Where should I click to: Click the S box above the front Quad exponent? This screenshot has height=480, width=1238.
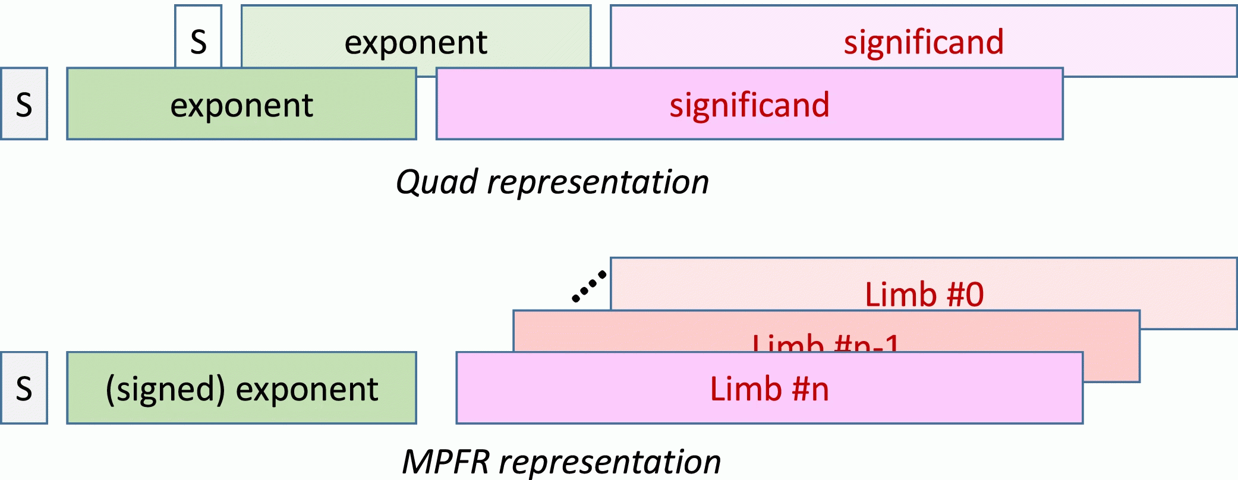coord(199,36)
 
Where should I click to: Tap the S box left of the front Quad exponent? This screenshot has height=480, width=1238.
coord(24,104)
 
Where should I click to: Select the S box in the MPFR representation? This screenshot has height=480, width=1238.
coord(24,388)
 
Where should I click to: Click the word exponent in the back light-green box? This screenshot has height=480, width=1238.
coord(415,43)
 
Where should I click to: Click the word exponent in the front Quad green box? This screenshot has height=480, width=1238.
coord(241,106)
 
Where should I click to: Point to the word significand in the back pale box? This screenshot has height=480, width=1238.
coord(924,42)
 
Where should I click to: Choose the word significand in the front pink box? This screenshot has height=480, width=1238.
coord(749,105)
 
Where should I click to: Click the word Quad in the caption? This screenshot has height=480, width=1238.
coord(437,182)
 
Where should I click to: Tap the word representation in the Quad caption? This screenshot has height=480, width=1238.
coord(598,182)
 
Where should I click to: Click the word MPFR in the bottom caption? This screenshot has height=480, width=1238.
coord(446,462)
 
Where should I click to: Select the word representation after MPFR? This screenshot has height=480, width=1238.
coord(610,462)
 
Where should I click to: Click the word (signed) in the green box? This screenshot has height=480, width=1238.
coord(165,389)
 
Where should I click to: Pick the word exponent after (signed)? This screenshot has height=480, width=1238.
coord(307,390)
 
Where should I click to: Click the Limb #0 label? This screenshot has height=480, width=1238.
coord(924,295)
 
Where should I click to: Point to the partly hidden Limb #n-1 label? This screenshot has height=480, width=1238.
coord(826,343)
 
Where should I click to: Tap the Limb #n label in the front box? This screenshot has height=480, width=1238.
coord(769,389)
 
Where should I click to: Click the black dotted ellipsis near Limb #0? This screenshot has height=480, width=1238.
coord(589,286)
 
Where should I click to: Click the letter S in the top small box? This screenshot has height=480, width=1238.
coord(199,42)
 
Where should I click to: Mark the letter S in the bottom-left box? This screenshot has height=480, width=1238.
coord(24,389)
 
